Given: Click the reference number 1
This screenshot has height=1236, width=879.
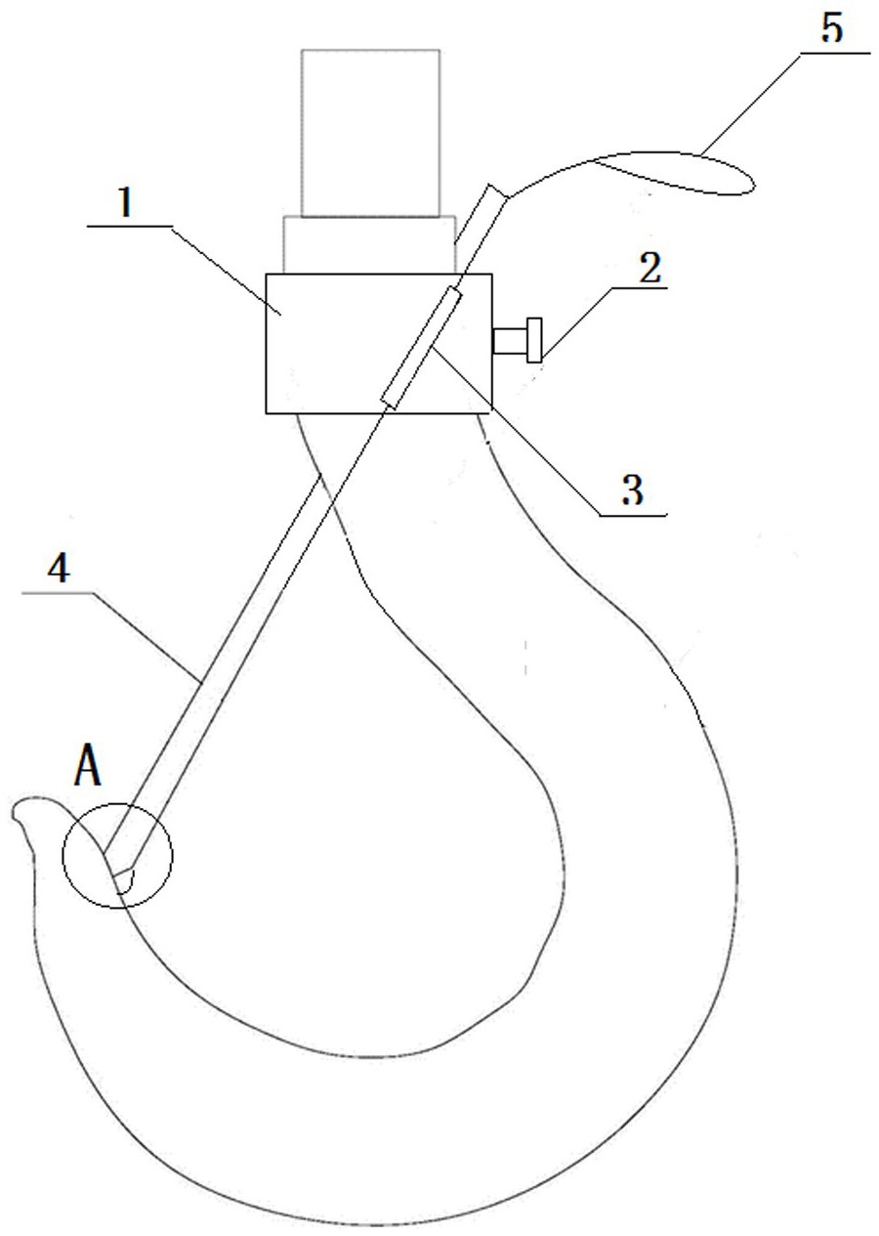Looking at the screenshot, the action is [x=126, y=203].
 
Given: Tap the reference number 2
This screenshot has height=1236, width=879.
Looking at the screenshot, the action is [x=650, y=269].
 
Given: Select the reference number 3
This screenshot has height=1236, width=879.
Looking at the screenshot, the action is [x=632, y=490].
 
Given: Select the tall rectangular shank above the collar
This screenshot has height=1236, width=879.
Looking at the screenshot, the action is [x=370, y=133].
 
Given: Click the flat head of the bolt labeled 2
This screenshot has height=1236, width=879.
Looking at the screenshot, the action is [x=534, y=340].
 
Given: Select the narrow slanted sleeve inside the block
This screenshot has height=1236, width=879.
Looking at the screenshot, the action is [x=421, y=348].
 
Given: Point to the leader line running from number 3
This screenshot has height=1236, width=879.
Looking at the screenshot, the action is [x=549, y=432].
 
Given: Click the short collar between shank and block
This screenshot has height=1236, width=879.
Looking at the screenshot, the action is [x=369, y=244].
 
